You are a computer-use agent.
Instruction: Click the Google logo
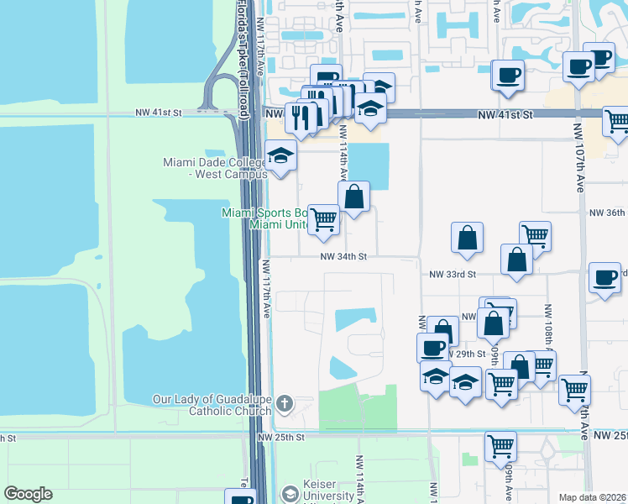tap(28, 494)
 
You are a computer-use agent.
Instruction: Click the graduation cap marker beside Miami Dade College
tap(280, 155)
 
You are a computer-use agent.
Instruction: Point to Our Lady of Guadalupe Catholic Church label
tap(212, 405)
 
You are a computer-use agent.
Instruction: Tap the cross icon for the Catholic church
tap(285, 405)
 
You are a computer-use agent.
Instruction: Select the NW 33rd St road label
tap(453, 274)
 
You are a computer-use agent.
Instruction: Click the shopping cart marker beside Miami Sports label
tap(323, 220)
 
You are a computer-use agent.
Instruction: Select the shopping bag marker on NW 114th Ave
tap(354, 197)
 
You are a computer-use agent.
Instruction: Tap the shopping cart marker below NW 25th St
tap(500, 446)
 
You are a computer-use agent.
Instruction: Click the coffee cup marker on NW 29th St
tap(433, 348)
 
